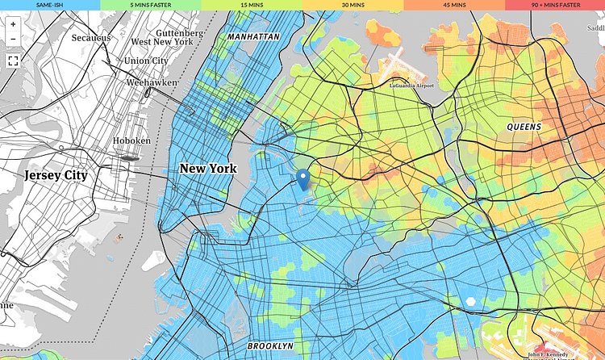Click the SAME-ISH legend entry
click(50, 5)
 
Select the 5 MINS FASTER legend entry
click(151, 5)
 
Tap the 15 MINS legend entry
click(252, 5)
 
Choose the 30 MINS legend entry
click(353, 5)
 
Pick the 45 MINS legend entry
click(453, 5)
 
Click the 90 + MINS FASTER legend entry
click(555, 5)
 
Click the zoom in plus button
click(13, 23)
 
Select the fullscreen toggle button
click(13, 61)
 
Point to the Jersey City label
click(56, 174)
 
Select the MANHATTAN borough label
click(253, 37)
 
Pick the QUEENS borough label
click(524, 128)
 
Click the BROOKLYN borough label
click(270, 345)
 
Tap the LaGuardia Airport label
click(411, 86)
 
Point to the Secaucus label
click(91, 38)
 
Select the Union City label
click(146, 61)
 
